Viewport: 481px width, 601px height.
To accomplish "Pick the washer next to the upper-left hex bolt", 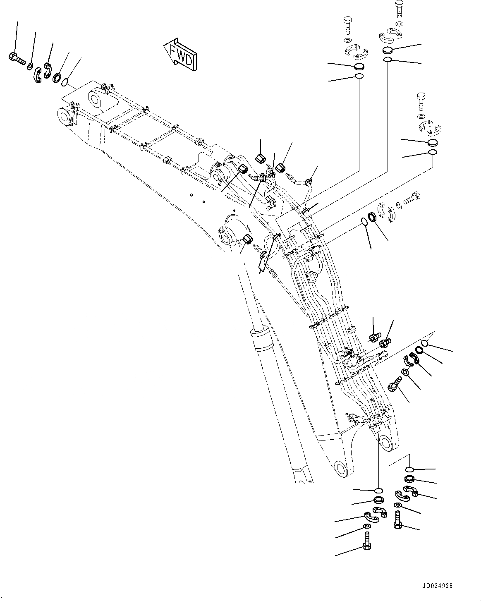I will [31, 66].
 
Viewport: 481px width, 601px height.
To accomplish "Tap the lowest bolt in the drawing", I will [366, 541].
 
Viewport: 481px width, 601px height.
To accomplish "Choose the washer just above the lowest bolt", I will [366, 526].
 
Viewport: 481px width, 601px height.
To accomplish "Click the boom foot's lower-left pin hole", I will [341, 468].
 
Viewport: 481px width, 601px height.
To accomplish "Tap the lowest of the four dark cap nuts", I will [247, 239].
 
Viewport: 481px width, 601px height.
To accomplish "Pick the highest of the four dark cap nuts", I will [261, 159].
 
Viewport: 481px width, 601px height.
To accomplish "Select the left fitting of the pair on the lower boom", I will [373, 337].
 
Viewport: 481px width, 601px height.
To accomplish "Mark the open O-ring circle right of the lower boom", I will [424, 343].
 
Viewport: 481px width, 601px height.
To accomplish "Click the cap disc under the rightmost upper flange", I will [432, 143].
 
